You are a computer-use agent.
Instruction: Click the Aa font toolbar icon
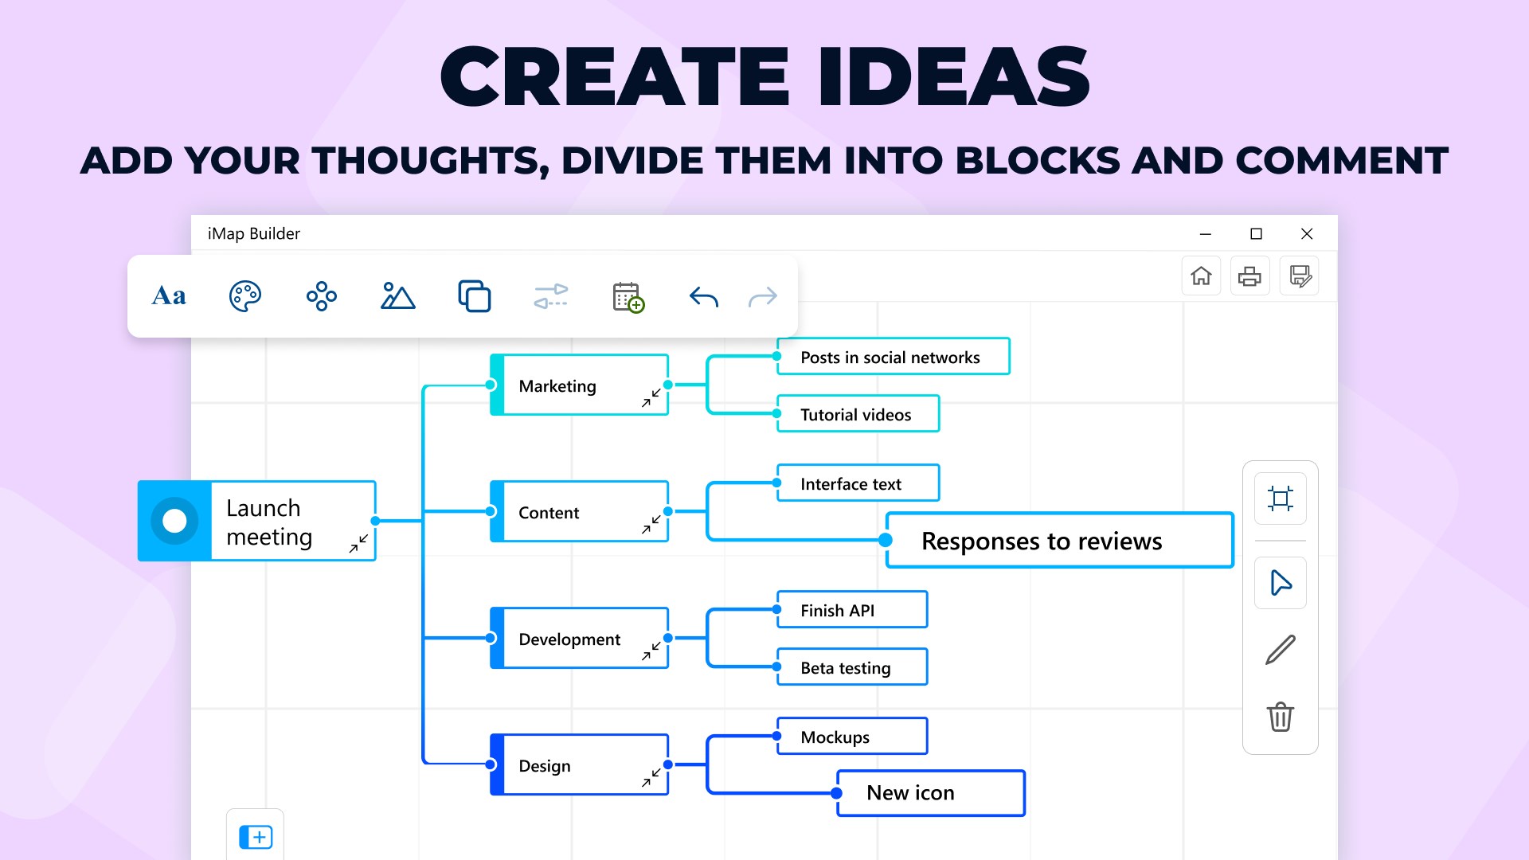[x=169, y=296]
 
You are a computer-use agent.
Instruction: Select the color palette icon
[x=244, y=296]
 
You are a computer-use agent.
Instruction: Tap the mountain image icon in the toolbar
[x=397, y=296]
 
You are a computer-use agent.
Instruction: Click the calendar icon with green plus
[x=628, y=297]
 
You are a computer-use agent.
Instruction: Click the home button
[x=1201, y=276]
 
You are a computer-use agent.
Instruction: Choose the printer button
[x=1249, y=276]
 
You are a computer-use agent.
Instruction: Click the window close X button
[x=1307, y=233]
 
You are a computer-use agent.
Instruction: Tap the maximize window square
[x=1256, y=233]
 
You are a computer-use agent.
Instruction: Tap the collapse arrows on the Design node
[x=651, y=777]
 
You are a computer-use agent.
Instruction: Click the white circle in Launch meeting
[x=174, y=521]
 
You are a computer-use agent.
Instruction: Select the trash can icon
[x=1280, y=717]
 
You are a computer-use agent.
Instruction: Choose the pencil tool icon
[x=1280, y=650]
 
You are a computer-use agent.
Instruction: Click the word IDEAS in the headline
[x=953, y=77]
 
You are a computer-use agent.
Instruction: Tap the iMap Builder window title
[x=254, y=233]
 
